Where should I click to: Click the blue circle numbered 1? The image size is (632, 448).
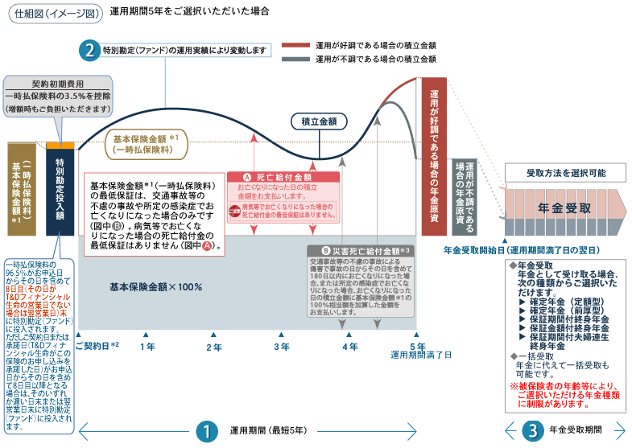pos(207,431)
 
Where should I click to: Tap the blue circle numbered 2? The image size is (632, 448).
pos(89,50)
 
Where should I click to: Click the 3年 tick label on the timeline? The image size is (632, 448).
pos(282,347)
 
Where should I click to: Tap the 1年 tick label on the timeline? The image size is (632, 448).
pos(147,347)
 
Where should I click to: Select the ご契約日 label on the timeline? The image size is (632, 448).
pos(97,345)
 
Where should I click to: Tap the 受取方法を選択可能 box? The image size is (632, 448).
pos(565,173)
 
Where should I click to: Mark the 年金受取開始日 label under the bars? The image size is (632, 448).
pos(520,250)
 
